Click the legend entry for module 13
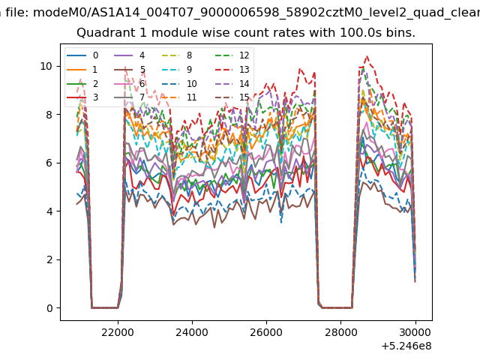point(232,70)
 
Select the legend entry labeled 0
point(82,55)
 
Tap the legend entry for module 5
point(130,70)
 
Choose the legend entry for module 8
point(177,55)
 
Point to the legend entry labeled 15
point(232,97)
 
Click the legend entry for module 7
point(130,97)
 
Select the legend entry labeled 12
point(232,55)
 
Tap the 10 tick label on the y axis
point(46,66)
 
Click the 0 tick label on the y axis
point(49,308)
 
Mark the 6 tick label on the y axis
point(49,163)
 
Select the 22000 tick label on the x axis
point(118,332)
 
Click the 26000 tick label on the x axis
point(266,332)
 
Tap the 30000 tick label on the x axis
point(415,332)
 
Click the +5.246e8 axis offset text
point(406,346)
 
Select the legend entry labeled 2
point(82,83)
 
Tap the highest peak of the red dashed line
point(367,56)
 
